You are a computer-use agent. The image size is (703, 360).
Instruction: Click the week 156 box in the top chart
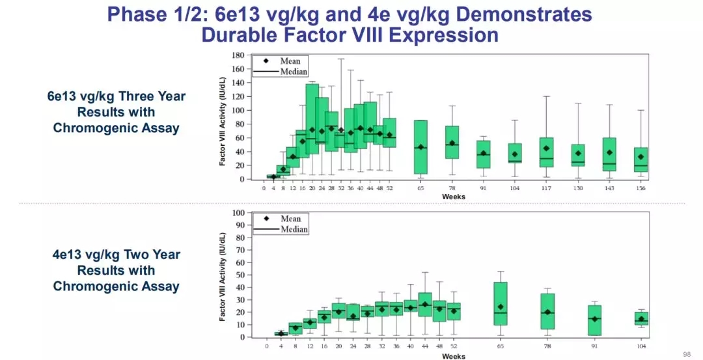641,159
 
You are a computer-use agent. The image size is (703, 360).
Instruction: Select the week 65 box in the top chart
420,147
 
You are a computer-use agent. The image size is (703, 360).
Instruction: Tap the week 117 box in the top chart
546,152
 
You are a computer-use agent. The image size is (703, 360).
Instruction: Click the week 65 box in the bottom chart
501,303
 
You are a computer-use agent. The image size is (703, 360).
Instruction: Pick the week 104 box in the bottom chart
641,318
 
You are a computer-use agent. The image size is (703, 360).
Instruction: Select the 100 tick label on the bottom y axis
238,213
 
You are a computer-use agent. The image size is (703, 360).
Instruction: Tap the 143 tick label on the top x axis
609,188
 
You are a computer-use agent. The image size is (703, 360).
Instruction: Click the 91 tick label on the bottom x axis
594,346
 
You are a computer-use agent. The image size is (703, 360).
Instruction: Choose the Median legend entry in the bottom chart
294,229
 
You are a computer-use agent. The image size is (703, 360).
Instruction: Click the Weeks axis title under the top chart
453,197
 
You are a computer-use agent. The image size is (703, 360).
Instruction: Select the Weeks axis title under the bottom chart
453,355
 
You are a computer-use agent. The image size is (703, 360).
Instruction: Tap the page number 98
687,353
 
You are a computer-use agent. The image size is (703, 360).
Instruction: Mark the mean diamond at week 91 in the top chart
484,154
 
